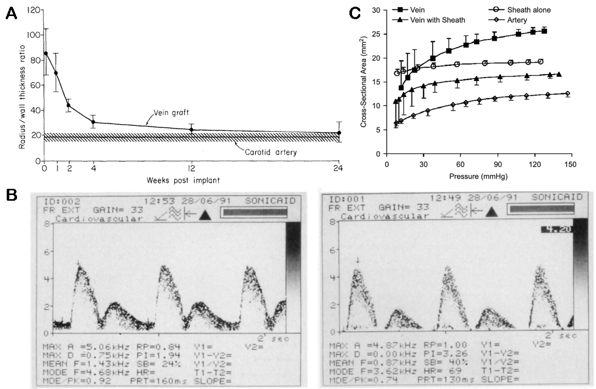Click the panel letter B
click(x=11, y=196)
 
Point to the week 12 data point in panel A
click(x=191, y=130)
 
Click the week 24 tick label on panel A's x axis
click(x=339, y=168)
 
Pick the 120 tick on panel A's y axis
click(x=33, y=10)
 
